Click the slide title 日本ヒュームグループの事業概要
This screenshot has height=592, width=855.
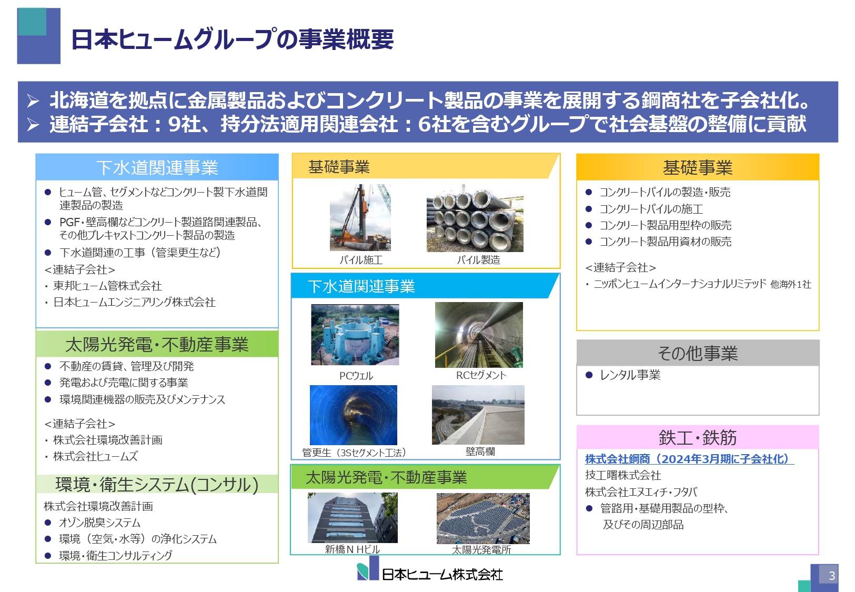coord(232,39)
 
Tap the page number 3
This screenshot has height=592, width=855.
coord(831,575)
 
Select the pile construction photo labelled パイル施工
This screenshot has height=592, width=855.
coord(360,217)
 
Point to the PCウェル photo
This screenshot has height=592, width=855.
coord(355,335)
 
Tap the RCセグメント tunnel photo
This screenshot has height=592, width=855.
coord(479,335)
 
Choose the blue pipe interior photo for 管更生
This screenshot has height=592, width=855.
coord(354,415)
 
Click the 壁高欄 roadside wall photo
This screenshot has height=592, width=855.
coord(478,415)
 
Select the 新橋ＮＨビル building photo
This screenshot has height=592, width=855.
coord(353,518)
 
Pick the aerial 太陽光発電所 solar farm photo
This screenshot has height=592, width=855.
coord(482,518)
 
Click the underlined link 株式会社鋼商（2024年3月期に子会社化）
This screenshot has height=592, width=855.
coord(689,459)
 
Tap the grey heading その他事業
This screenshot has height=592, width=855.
coord(698,353)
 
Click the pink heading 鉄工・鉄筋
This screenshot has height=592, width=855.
coord(698,437)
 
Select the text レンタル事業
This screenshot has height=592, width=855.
coord(630,375)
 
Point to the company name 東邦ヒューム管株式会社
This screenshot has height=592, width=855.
coord(107,286)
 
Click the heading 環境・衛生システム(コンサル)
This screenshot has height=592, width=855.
coord(157,484)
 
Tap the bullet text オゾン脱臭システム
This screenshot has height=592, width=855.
coord(99,523)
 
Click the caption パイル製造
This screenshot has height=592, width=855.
coord(478,260)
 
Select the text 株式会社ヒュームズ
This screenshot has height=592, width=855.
coord(95,456)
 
